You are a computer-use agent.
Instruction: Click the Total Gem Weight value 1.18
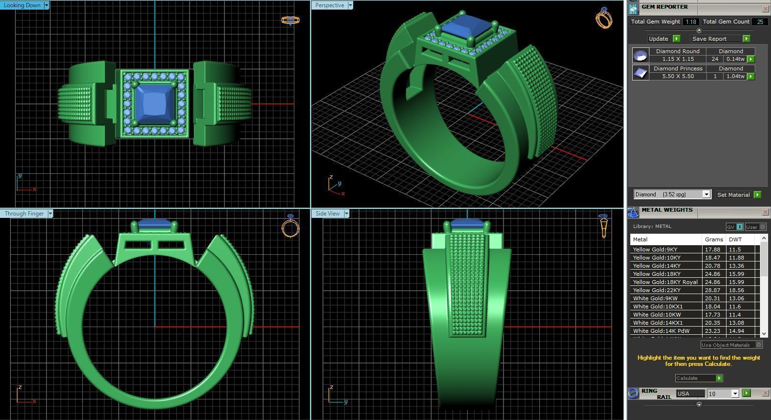691,22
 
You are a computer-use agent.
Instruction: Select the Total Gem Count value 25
760,22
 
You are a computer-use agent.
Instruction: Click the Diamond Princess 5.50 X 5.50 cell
678,76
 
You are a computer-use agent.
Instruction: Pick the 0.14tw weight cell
735,59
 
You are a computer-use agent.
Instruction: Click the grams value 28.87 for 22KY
712,290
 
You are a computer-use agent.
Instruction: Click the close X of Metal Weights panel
765,212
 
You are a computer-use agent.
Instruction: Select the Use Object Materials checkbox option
759,345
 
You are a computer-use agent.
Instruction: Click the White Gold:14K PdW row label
661,331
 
